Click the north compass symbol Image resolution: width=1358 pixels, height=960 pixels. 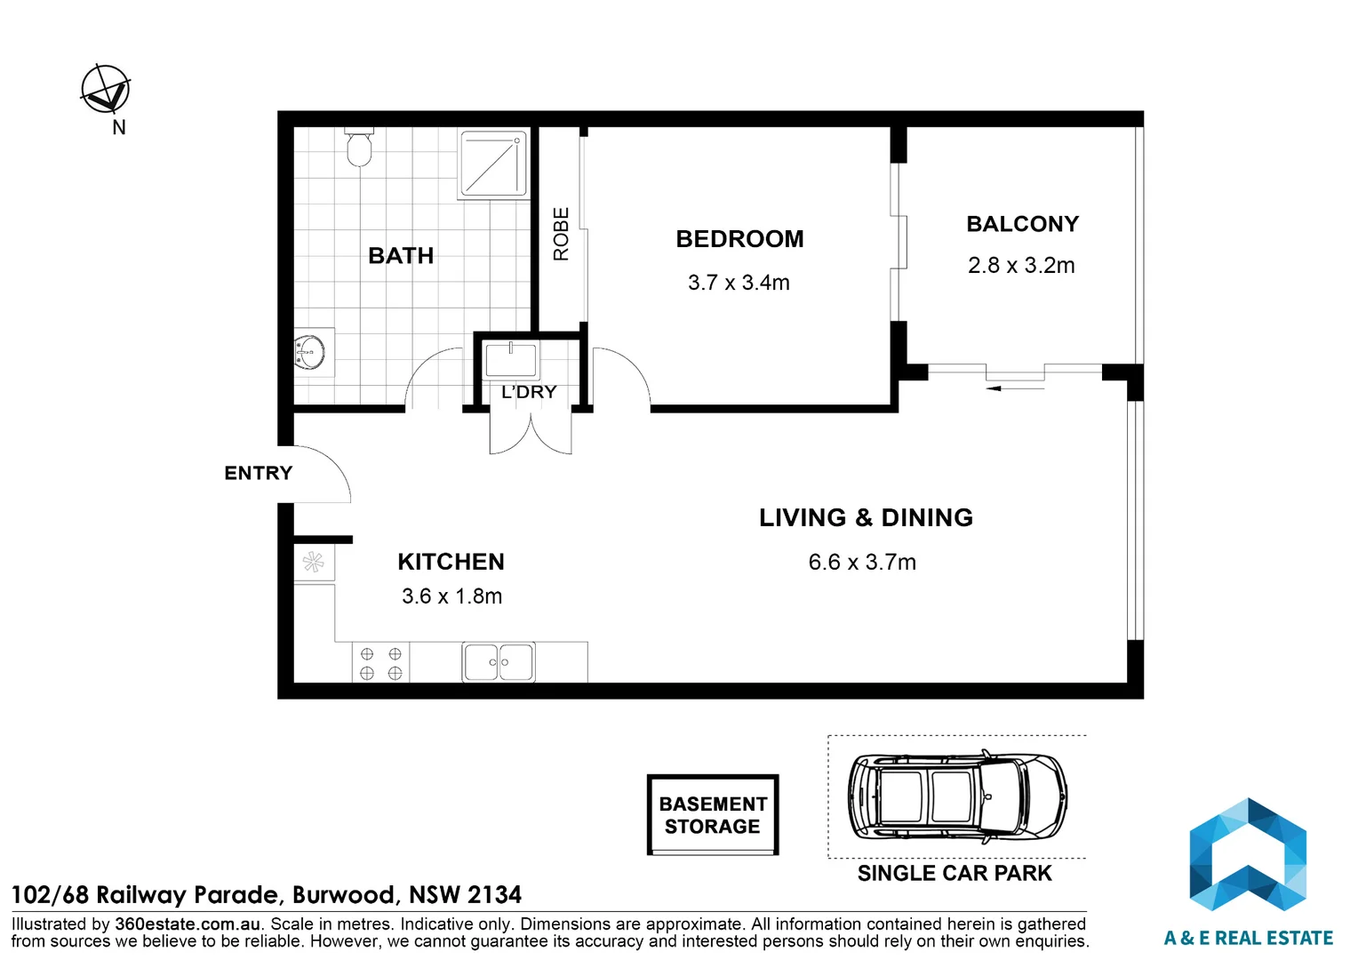coord(106,89)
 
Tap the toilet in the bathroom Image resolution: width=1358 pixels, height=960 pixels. coord(359,147)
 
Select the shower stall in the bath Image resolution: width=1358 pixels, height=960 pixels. coord(493,164)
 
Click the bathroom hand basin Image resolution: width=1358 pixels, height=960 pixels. coord(314,352)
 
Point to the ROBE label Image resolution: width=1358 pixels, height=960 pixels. coord(562,234)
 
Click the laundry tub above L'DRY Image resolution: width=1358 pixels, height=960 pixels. coord(511,360)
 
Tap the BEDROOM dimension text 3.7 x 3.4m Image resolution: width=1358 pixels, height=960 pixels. coord(739,283)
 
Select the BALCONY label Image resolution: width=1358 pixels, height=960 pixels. coord(1023,224)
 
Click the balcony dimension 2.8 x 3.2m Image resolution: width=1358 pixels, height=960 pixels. coord(1021,266)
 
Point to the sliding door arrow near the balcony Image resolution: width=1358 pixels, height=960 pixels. coord(1015,388)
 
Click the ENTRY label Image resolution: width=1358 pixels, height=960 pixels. coord(259,472)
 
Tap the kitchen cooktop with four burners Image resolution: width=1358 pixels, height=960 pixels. coord(380,663)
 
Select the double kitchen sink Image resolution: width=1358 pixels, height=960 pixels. coord(499,662)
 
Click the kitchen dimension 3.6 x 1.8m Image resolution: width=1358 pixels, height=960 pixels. coord(451,596)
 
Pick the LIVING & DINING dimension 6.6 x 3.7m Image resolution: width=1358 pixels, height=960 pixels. coord(862,562)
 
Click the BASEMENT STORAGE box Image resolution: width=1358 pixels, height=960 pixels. coord(713,814)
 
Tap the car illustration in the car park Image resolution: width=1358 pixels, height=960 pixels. coord(957,796)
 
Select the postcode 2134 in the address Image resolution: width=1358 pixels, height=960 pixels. coord(495,894)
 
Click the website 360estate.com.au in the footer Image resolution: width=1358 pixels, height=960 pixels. coord(188,924)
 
